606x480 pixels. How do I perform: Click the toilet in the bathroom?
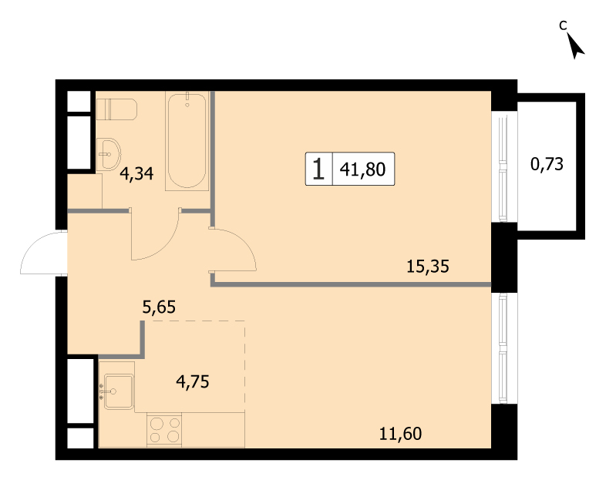pyautogui.click(x=116, y=109)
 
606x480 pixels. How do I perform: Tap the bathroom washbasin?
pyautogui.click(x=109, y=154)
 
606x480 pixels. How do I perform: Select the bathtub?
pyautogui.click(x=187, y=141)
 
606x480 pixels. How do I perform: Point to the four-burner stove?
pyautogui.click(x=164, y=430)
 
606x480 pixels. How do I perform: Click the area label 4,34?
pyautogui.click(x=136, y=174)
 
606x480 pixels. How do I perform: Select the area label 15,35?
pyautogui.click(x=428, y=267)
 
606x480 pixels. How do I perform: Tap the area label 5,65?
pyautogui.click(x=159, y=307)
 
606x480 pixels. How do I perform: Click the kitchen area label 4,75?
pyautogui.click(x=193, y=381)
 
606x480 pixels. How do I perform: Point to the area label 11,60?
pyautogui.click(x=400, y=434)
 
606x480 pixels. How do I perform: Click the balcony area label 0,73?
pyautogui.click(x=547, y=164)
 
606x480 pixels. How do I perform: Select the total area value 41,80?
pyautogui.click(x=362, y=170)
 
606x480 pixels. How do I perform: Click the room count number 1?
pyautogui.click(x=318, y=169)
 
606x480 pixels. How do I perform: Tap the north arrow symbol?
pyautogui.click(x=576, y=46)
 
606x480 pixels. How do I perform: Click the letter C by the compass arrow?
pyautogui.click(x=563, y=25)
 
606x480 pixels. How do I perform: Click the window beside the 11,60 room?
pyautogui.click(x=503, y=347)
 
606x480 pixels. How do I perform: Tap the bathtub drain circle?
pyautogui.click(x=187, y=104)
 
